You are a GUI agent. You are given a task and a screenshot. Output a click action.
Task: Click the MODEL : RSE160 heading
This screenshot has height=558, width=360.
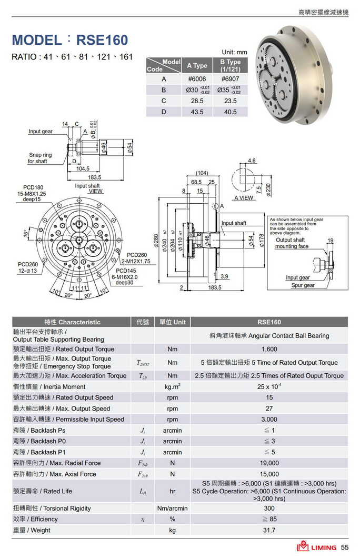(69, 40)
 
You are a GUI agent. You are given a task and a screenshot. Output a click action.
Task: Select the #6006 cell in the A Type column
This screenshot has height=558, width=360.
(197, 78)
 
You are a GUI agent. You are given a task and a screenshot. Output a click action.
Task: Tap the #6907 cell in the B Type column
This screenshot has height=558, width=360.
(229, 78)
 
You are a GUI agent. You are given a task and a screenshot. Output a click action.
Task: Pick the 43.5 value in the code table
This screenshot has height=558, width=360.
(197, 112)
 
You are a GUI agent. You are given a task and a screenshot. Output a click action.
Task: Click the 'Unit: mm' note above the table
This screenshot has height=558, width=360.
(234, 52)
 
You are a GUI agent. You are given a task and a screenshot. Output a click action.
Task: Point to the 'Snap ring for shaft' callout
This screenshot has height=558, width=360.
(40, 158)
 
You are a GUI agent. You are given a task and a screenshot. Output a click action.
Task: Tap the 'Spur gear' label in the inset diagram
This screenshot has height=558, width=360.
(303, 285)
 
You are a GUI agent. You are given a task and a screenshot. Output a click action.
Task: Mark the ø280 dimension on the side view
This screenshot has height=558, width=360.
(156, 240)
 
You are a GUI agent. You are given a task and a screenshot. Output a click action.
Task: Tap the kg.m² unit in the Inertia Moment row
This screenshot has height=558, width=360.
(172, 387)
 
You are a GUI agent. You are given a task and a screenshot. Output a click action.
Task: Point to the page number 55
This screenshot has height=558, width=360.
(345, 547)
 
